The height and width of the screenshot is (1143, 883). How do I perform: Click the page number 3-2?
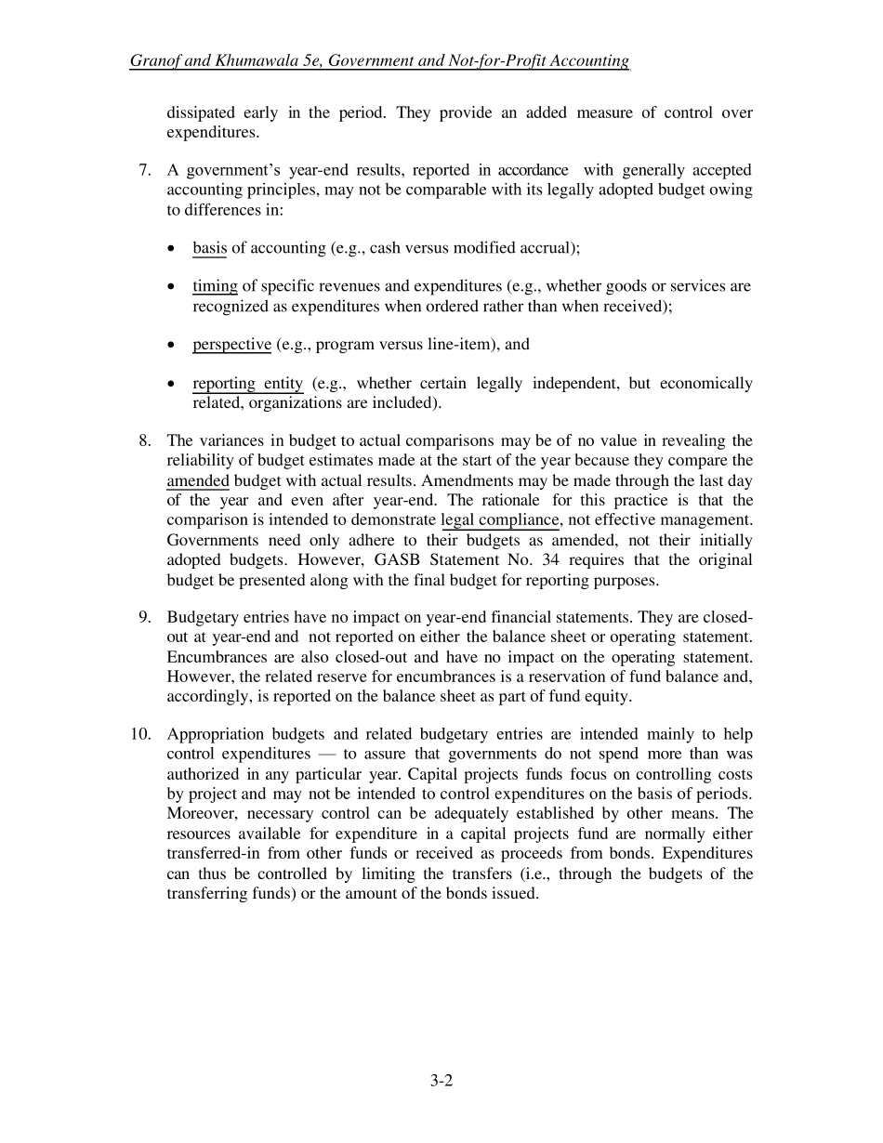[441, 1080]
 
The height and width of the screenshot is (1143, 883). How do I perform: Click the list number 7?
[144, 170]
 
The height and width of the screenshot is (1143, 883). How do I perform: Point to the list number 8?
[144, 440]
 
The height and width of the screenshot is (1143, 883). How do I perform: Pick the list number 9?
[144, 617]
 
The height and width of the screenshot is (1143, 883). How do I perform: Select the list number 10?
[140, 734]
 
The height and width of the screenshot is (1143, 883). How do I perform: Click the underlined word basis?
[209, 248]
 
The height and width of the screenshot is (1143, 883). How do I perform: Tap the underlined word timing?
[215, 286]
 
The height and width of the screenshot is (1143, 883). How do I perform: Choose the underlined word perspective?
[231, 345]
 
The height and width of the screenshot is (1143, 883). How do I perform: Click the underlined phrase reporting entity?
[247, 384]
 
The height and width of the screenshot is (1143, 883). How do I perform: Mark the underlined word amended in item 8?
[197, 481]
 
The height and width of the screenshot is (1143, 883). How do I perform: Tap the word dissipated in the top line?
[200, 112]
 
